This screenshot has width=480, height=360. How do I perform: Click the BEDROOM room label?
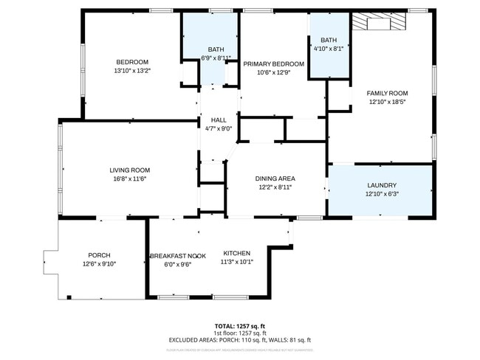(x=131, y=61)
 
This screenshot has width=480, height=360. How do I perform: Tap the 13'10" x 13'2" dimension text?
(x=131, y=71)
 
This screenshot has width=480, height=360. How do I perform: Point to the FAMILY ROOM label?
(x=388, y=93)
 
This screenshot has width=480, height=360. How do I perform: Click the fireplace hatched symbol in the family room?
(x=377, y=22)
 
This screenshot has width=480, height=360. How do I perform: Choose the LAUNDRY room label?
(x=381, y=185)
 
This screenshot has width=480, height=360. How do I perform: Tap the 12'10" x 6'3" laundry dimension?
(x=381, y=195)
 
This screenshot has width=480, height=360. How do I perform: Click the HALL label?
(x=219, y=120)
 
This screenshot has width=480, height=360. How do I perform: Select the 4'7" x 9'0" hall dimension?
(x=219, y=128)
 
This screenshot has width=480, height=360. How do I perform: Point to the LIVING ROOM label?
(x=130, y=170)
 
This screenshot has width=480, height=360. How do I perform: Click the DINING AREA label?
(x=275, y=179)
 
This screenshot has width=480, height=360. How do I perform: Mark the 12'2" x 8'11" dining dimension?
(x=275, y=188)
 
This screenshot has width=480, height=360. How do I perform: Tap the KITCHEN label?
(x=236, y=253)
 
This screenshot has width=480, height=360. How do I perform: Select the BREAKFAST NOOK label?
(x=178, y=255)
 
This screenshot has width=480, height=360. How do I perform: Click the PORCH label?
(x=99, y=255)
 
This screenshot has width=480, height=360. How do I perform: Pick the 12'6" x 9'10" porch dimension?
(x=99, y=264)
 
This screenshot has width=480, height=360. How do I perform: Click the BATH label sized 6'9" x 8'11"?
(x=216, y=49)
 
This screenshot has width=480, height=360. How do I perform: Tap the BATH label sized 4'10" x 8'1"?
(x=329, y=40)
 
